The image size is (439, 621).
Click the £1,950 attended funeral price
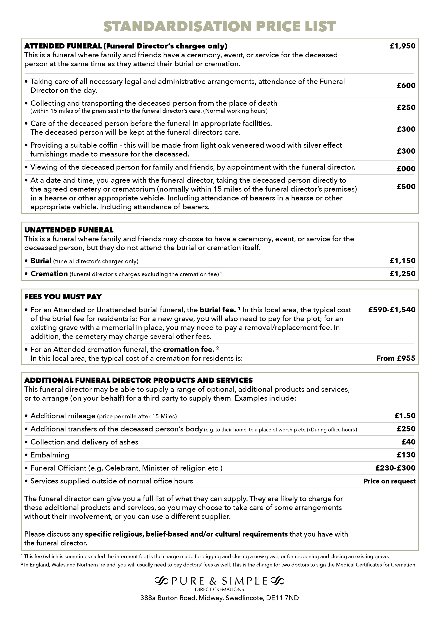click(402, 46)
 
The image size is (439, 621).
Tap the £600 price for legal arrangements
click(406, 86)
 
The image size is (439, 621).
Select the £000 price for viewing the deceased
click(406, 169)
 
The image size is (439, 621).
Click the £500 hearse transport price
click(406, 186)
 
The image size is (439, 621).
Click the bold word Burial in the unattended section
click(41, 261)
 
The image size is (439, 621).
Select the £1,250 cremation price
click(402, 274)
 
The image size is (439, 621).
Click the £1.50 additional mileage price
click(405, 416)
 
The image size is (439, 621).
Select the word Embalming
click(50, 455)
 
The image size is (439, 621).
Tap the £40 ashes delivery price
click(408, 442)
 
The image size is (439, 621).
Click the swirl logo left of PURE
click(161, 581)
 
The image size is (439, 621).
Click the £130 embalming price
click(406, 455)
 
